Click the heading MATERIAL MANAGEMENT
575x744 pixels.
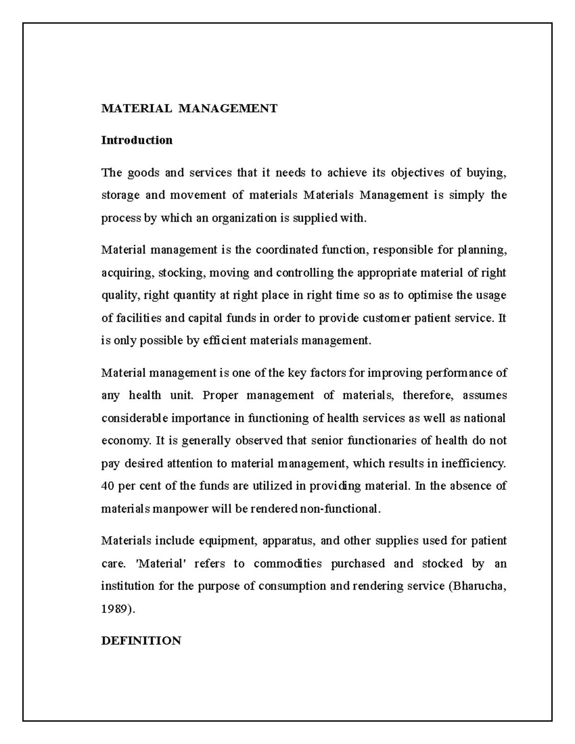[x=189, y=108]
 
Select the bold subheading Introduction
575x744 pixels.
[x=137, y=140]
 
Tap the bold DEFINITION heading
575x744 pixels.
[x=141, y=641]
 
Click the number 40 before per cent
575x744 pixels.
[x=108, y=486]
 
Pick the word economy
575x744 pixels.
[x=126, y=440]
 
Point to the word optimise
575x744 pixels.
[x=429, y=295]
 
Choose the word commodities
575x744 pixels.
[x=287, y=563]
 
